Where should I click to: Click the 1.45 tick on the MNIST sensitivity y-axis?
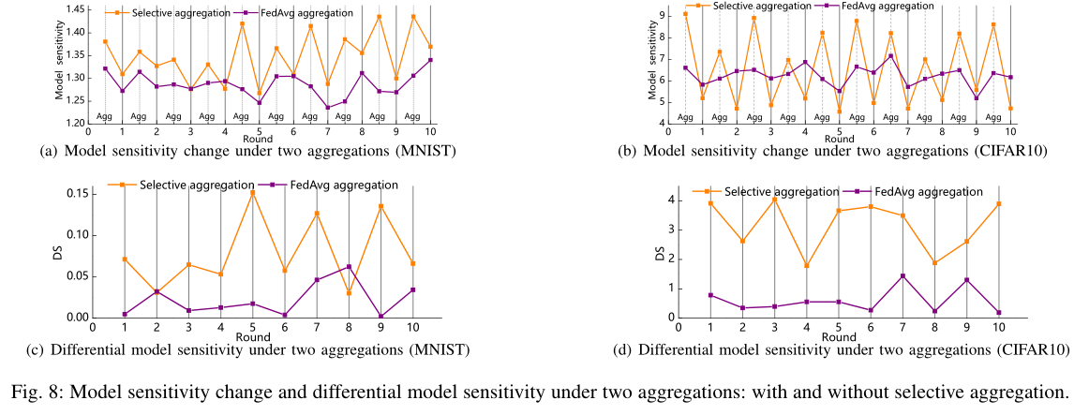(72, 9)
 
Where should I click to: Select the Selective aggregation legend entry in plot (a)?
(168, 13)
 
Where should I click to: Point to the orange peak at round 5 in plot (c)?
(252, 193)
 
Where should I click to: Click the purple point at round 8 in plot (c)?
(349, 267)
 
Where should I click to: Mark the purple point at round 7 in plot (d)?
(902, 276)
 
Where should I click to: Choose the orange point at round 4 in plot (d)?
(807, 266)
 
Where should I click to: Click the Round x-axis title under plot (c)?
(253, 337)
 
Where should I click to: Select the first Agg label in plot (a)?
(104, 117)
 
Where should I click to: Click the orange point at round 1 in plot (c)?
(125, 259)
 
